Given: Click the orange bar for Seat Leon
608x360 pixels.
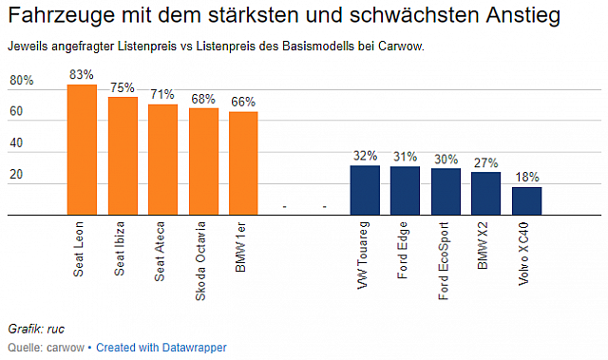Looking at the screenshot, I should [82, 150].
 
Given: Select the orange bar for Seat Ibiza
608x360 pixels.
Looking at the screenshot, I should [123, 157].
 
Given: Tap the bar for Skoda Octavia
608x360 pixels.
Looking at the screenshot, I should [203, 162].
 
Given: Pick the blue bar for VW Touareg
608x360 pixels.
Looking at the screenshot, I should [365, 191].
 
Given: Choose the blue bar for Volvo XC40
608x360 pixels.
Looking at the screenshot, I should [527, 201].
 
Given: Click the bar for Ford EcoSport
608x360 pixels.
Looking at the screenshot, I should [446, 192].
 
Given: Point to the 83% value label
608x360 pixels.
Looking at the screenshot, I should [82, 75].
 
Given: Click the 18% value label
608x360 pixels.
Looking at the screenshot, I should [527, 178].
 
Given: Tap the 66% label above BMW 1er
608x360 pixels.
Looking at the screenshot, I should [244, 103].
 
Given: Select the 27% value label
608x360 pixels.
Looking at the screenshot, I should [486, 162].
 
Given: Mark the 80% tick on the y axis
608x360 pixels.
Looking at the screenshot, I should [22, 82].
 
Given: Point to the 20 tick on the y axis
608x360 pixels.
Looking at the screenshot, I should [16, 176].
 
